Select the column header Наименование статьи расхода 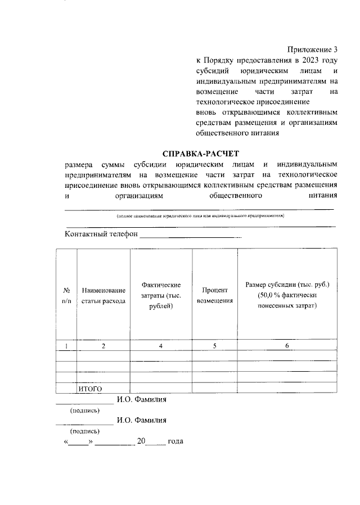point(103,295)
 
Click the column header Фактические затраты point(161,295)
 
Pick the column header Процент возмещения point(214,295)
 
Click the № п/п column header point(66,295)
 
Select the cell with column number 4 point(161,346)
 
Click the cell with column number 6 point(286,346)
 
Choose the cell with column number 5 point(214,346)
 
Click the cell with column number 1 point(66,346)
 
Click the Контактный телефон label point(101,235)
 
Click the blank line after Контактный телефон point(190,236)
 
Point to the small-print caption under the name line point(200,216)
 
